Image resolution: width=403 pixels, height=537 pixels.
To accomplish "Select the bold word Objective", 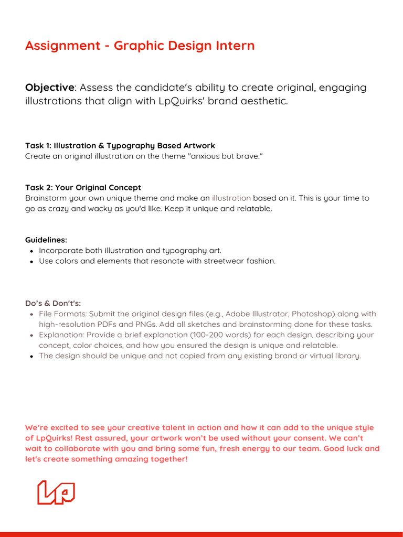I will pyautogui.click(x=49, y=88).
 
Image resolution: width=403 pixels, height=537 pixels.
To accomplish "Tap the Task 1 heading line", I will pyautogui.click(x=120, y=146).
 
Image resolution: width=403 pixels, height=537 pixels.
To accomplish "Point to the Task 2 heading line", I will pyautogui.click(x=83, y=188).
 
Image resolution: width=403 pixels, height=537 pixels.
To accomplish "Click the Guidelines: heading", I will pyautogui.click(x=46, y=240).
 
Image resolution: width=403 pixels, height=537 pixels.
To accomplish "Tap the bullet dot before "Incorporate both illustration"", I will pyautogui.click(x=31, y=251).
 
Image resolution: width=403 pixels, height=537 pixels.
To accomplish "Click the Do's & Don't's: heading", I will pyautogui.click(x=53, y=304).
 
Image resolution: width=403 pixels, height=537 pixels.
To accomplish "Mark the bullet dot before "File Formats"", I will pyautogui.click(x=31, y=315).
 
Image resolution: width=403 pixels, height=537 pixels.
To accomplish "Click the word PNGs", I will pyautogui.click(x=138, y=325).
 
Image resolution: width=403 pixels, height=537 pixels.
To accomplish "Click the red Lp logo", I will pyautogui.click(x=56, y=492).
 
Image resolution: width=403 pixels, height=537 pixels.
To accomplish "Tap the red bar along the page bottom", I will pyautogui.click(x=201, y=534).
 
